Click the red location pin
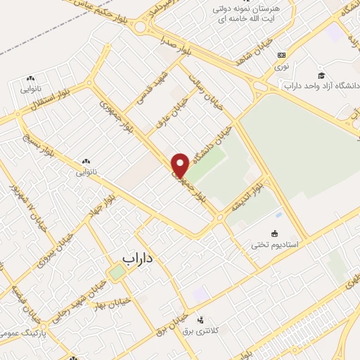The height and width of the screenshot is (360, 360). tap(180, 165)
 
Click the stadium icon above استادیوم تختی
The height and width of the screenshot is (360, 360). tap(275, 233)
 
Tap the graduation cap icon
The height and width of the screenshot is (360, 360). tap(321, 75)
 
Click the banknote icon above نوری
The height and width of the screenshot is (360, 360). tap(282, 55)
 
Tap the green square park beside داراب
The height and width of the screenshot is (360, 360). tap(116, 271)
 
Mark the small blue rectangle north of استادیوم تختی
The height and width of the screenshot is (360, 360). tap(279, 214)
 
